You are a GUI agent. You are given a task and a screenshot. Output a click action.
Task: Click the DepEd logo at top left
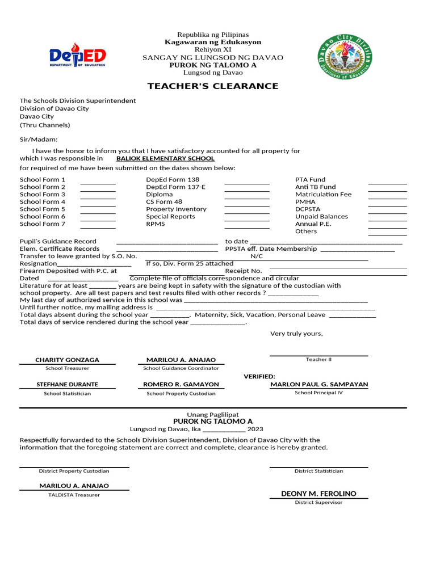(77, 57)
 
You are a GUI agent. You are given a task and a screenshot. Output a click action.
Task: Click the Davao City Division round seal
(345, 57)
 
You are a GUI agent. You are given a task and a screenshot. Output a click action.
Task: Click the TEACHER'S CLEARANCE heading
(213, 86)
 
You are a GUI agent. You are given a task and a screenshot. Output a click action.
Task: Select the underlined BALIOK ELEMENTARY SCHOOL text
(165, 159)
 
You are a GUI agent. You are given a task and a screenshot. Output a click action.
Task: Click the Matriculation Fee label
(323, 194)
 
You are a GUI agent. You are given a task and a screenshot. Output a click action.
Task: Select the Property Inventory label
(176, 209)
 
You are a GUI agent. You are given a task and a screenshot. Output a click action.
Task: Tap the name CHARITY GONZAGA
(67, 360)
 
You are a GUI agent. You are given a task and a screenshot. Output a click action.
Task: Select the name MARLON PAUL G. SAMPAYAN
(318, 384)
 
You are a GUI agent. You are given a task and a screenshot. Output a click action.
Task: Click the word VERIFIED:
(259, 376)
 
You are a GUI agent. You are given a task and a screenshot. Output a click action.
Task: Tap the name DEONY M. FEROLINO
(318, 494)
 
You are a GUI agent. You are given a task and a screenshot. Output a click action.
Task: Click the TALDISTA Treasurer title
(74, 495)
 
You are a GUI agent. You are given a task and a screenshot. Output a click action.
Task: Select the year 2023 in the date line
(255, 429)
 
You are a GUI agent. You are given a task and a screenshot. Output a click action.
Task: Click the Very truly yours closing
(296, 334)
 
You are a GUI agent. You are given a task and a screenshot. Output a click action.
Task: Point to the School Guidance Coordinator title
(181, 368)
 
